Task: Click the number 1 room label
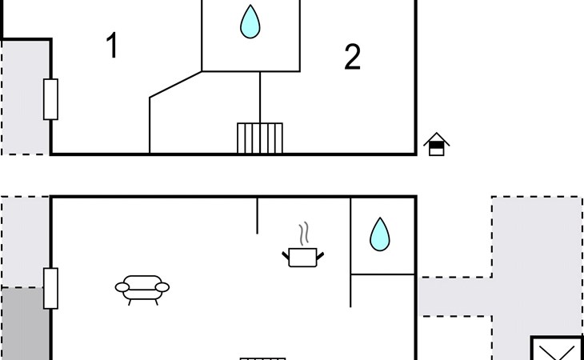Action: click(113, 45)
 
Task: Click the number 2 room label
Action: click(352, 57)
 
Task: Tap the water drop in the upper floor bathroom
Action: click(250, 22)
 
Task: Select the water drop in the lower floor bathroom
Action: click(380, 234)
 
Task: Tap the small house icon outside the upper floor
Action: click(437, 144)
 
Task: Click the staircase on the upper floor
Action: click(260, 138)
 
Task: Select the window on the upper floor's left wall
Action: click(50, 99)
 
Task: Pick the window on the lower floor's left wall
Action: click(50, 289)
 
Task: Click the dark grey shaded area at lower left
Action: click(25, 323)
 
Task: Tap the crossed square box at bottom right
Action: click(557, 348)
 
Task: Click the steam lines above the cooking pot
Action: click(304, 234)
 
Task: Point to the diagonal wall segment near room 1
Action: click(175, 85)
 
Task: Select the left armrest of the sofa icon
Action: click(122, 287)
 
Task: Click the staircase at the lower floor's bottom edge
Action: click(263, 359)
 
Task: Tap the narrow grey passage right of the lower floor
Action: click(455, 297)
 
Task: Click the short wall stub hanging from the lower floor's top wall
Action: click(257, 216)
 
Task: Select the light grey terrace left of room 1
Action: click(25, 98)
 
